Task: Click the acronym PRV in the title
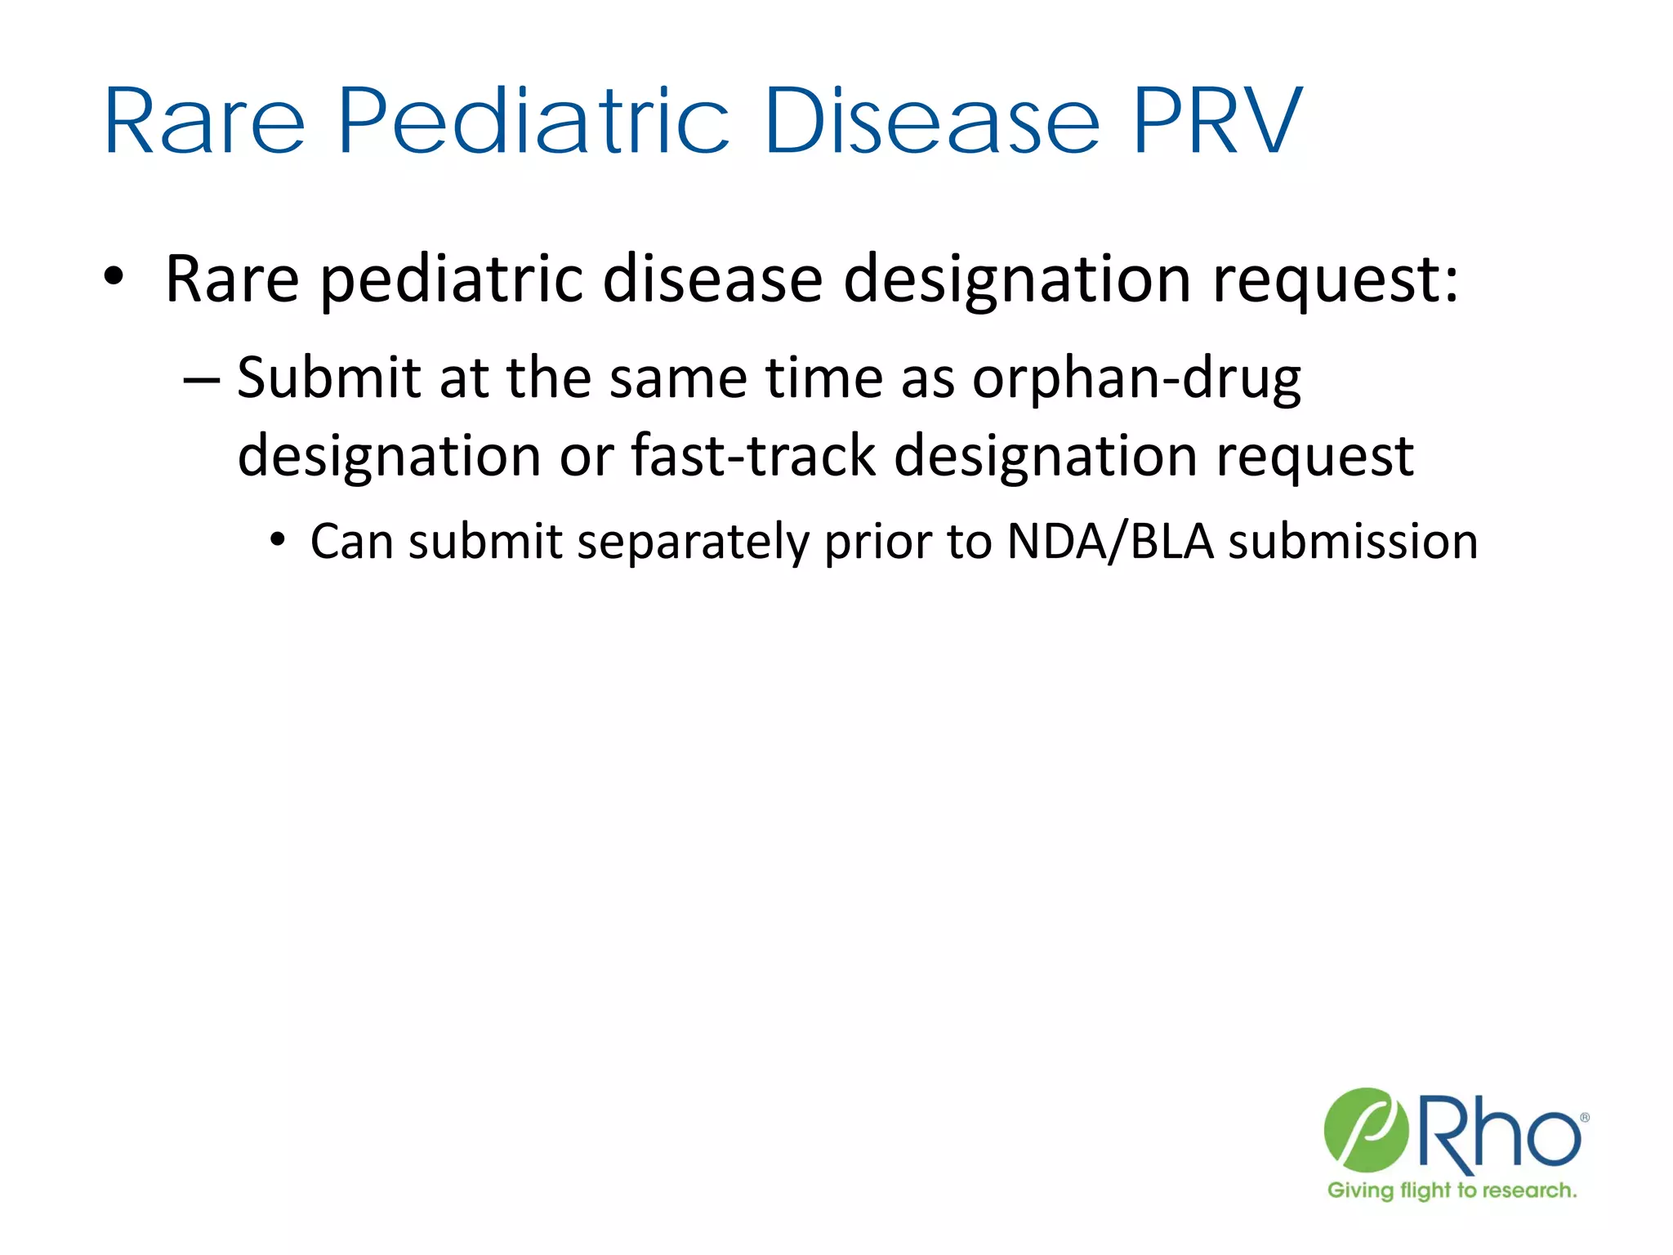(1217, 123)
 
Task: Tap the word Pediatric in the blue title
(533, 123)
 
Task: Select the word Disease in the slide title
(932, 123)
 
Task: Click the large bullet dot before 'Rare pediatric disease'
(114, 277)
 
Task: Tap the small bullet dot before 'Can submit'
(279, 540)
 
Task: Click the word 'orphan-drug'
(1136, 380)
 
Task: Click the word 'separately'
(693, 542)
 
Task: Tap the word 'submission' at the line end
(1353, 541)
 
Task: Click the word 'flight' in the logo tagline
(1425, 1190)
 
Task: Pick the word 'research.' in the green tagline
(1528, 1190)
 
